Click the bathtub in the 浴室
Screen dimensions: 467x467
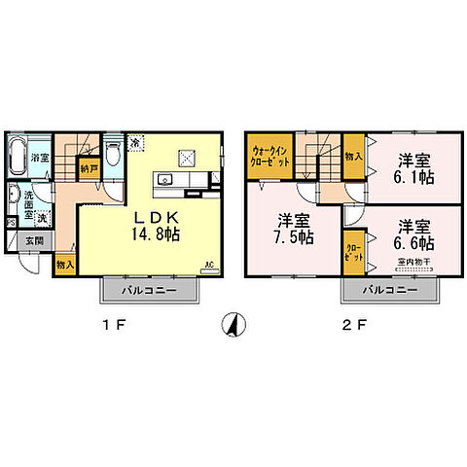(19, 156)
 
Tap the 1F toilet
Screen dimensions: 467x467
(112, 156)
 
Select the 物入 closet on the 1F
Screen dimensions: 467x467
(65, 264)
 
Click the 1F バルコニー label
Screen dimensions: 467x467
(150, 291)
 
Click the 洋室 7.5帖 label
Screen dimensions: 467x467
(292, 230)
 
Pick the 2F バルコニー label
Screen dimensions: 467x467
(391, 291)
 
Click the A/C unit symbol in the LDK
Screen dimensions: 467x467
(206, 264)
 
